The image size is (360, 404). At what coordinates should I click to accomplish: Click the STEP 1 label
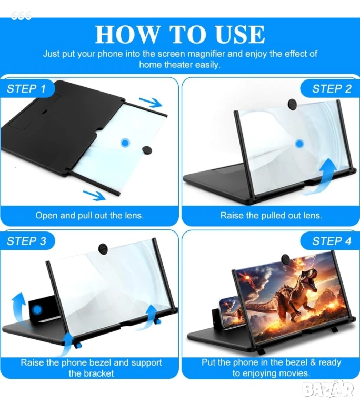point(26,89)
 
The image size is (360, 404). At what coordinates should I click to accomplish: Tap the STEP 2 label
point(332,89)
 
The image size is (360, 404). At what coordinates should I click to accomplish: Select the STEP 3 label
point(26,241)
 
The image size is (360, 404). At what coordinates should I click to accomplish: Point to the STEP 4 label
point(332,241)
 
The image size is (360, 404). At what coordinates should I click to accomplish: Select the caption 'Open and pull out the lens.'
point(89,215)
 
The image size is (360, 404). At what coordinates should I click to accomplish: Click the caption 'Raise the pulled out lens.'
point(271,215)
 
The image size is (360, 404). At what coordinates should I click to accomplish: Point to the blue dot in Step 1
point(125,143)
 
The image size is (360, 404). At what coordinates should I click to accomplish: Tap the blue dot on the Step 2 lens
point(299,144)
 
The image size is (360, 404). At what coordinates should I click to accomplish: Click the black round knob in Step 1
point(146,150)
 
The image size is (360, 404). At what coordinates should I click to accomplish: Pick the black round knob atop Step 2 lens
point(292,104)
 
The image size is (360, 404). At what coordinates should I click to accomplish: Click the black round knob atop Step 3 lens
point(103,249)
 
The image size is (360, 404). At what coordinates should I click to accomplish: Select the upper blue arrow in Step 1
point(151,103)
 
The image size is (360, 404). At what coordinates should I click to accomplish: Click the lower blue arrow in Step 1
point(94,195)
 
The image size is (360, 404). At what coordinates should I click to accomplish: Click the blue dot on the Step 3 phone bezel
point(38,310)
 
